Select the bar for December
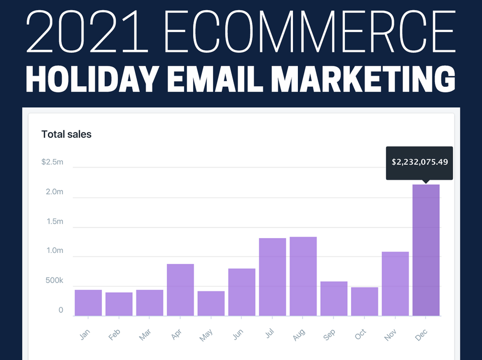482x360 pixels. click(x=426, y=250)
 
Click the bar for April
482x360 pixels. click(x=180, y=290)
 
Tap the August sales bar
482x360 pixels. click(x=303, y=276)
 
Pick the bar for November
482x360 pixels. click(x=395, y=284)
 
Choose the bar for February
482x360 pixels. click(x=119, y=304)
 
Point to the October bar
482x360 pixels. click(x=364, y=301)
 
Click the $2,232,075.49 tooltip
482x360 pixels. click(x=420, y=162)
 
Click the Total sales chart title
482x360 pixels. click(x=66, y=134)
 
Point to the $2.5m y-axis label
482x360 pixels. click(x=52, y=162)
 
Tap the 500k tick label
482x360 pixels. click(x=54, y=280)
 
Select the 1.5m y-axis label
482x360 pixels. click(x=54, y=221)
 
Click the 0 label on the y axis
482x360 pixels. click(x=61, y=310)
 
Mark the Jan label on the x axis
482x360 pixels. click(x=85, y=334)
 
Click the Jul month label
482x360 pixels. click(x=269, y=334)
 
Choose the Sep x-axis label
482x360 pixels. click(x=330, y=335)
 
